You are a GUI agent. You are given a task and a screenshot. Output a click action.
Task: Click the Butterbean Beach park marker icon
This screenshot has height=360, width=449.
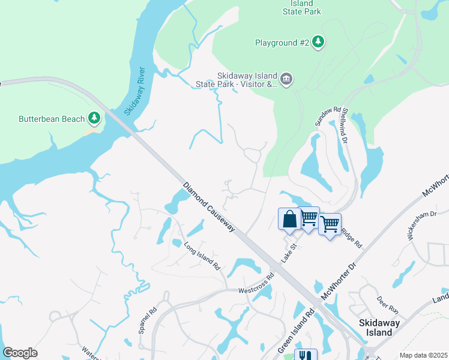94,119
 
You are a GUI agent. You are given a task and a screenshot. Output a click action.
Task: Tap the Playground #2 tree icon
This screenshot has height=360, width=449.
319,42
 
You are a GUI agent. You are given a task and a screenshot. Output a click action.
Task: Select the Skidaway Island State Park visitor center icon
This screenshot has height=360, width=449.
286,79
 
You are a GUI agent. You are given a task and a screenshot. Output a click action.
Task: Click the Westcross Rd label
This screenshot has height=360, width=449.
256,283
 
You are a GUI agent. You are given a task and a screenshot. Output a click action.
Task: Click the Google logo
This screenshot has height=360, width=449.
20,353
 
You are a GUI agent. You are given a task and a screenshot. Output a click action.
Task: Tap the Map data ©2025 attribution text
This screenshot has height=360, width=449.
423,355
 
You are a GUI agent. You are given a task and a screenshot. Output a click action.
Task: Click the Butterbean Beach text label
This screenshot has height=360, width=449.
52,119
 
